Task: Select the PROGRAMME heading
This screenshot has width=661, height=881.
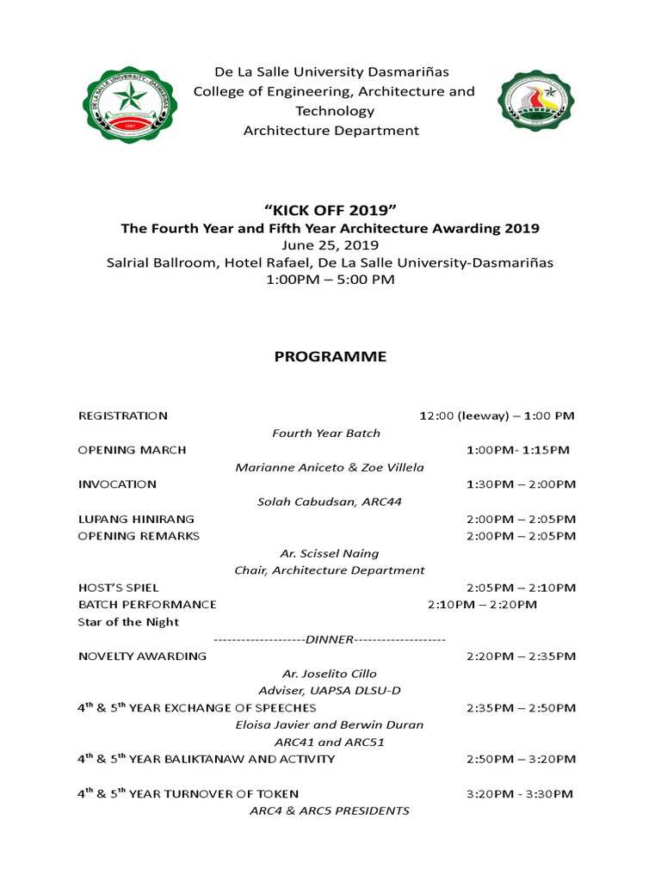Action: (330, 356)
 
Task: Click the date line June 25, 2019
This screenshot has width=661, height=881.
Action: (330, 245)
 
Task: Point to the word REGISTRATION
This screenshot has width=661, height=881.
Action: (123, 416)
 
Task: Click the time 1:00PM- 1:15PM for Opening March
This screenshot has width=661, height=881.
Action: (517, 450)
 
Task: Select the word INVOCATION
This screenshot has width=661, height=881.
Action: (117, 484)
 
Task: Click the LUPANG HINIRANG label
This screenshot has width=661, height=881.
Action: (136, 519)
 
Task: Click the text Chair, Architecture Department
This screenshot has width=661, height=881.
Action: (330, 570)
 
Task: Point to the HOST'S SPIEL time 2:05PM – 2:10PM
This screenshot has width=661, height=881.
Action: (521, 588)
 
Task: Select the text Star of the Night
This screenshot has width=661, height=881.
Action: (128, 622)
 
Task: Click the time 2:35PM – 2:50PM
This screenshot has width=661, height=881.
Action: (521, 708)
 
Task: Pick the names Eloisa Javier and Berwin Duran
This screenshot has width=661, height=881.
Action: (330, 724)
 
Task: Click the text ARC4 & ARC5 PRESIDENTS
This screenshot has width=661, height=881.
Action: (330, 810)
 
